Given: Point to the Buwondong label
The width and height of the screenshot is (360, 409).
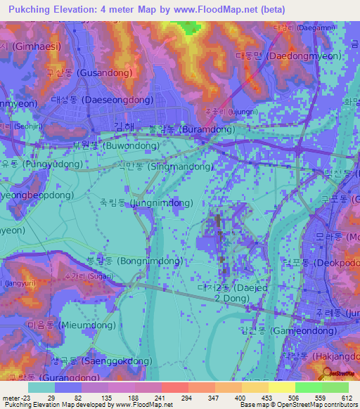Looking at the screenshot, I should click(106, 146).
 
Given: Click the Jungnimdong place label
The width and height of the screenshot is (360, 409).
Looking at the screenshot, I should click(147, 202).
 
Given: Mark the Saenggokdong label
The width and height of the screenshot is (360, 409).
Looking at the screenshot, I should click(91, 360).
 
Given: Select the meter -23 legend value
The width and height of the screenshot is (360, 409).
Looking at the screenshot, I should click(15, 398).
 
